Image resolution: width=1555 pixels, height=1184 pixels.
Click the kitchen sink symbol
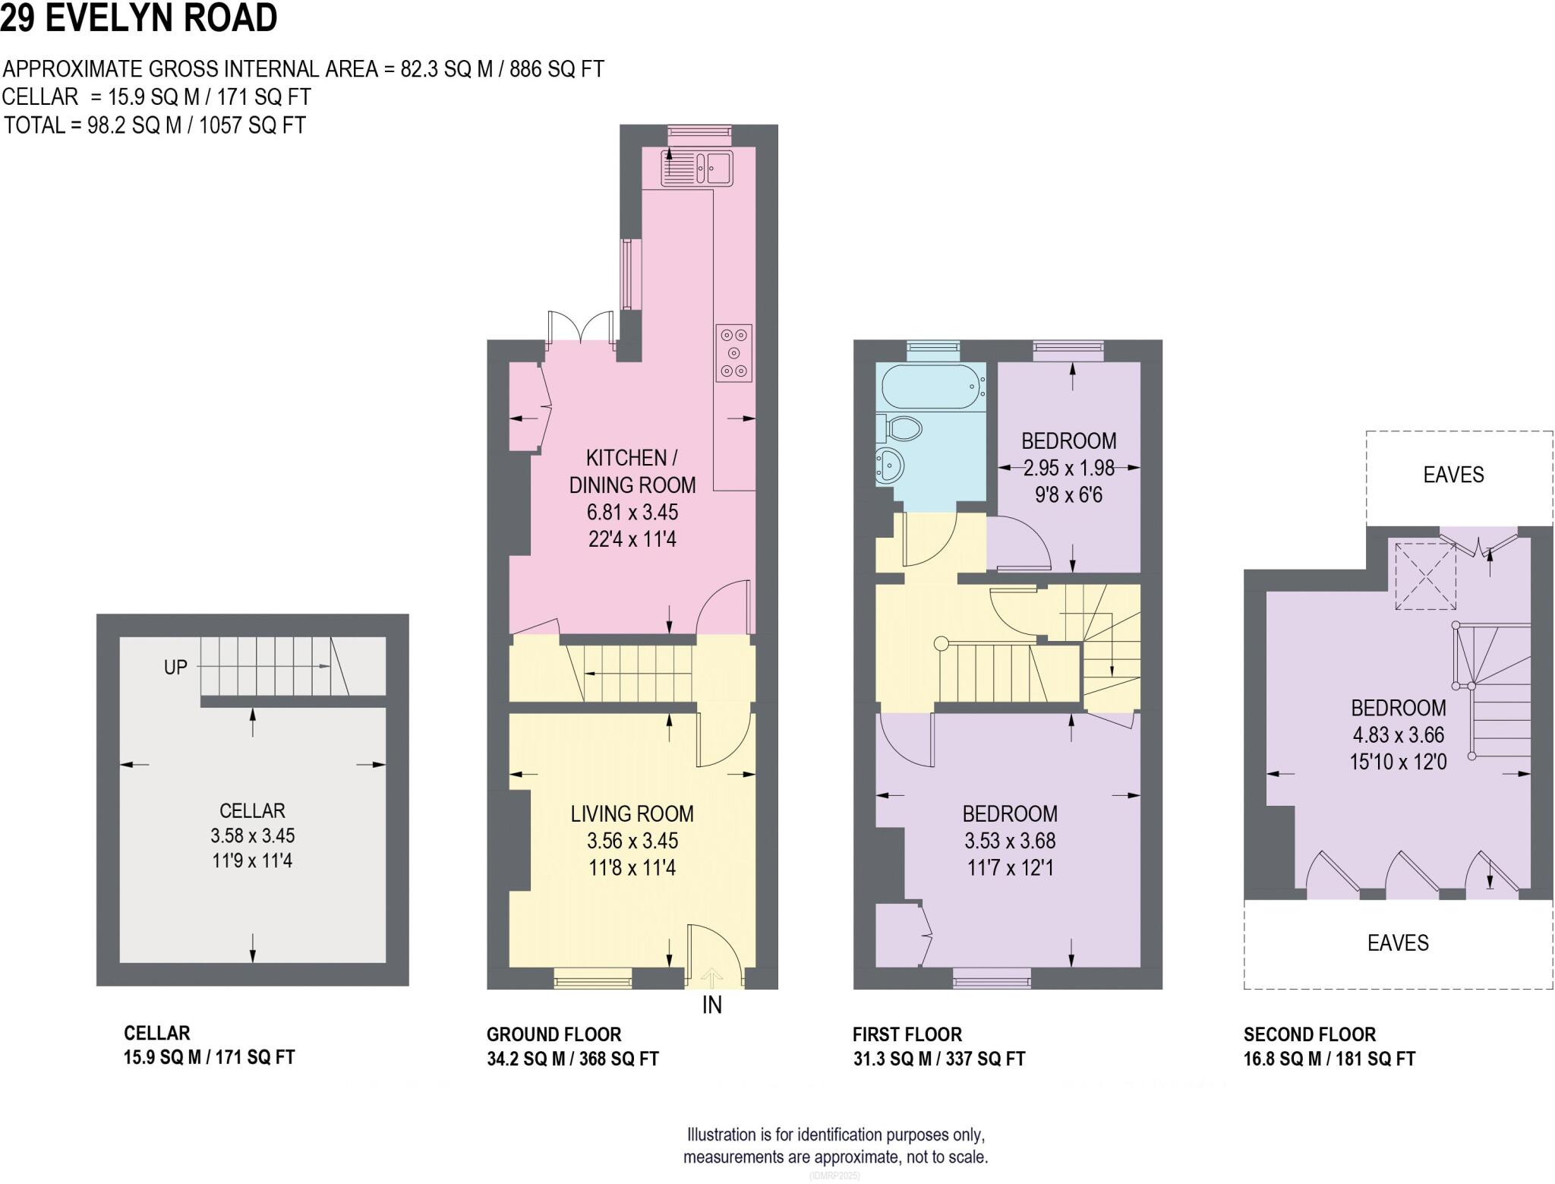pos(696,167)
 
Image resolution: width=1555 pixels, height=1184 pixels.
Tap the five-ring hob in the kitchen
pos(733,353)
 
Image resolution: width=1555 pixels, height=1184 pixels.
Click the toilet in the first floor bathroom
pos(900,429)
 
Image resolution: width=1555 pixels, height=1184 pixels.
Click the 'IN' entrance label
pos(711,1006)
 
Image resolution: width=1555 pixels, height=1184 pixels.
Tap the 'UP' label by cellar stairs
pos(175,668)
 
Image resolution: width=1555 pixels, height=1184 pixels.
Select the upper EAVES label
pos(1452,475)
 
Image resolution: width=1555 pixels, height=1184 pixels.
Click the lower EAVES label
pos(1397,943)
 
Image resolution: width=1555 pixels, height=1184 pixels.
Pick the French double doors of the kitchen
pos(580,327)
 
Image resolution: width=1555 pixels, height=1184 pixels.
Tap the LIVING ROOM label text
pos(632,814)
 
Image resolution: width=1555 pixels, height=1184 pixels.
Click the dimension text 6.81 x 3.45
pos(632,512)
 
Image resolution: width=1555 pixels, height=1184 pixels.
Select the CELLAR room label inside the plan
pos(252,810)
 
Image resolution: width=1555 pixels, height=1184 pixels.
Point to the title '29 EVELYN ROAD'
pos(139,18)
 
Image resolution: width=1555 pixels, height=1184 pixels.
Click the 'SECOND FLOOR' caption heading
pos(1309,1034)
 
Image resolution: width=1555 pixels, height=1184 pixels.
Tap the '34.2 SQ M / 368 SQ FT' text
pos(572,1059)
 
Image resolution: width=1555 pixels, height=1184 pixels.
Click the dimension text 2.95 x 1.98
pos(1068,469)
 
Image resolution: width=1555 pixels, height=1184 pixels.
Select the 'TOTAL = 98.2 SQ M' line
pos(155,125)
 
